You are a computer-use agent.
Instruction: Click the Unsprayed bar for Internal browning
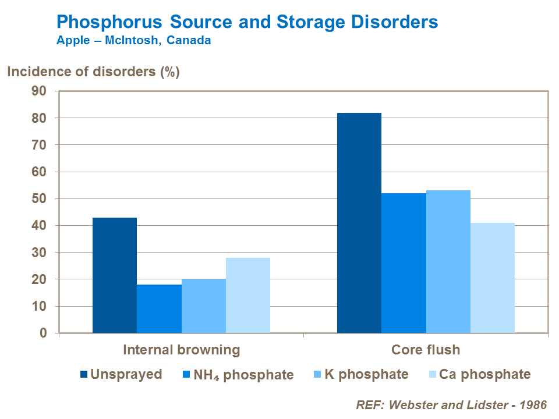[x=115, y=275]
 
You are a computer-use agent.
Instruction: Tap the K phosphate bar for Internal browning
[x=203, y=306]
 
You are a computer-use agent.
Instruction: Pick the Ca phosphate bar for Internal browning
[x=248, y=295]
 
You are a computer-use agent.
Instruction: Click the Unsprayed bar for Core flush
[x=359, y=223]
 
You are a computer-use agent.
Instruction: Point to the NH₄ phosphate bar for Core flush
[x=404, y=263]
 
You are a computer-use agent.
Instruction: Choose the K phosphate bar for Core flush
[x=448, y=262]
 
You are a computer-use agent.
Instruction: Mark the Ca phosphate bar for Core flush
[x=493, y=278]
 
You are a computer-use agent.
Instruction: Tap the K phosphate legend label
[x=373, y=374]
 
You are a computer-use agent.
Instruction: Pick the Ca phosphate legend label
[x=485, y=374]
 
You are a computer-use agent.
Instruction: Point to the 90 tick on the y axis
[x=39, y=91]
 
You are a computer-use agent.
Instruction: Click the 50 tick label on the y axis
[x=39, y=198]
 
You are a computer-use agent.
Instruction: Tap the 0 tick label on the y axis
[x=43, y=333]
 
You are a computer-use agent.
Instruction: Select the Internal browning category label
[x=181, y=350]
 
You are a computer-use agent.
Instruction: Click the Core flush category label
[x=426, y=350]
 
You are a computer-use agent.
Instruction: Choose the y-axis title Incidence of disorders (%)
[x=93, y=73]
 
